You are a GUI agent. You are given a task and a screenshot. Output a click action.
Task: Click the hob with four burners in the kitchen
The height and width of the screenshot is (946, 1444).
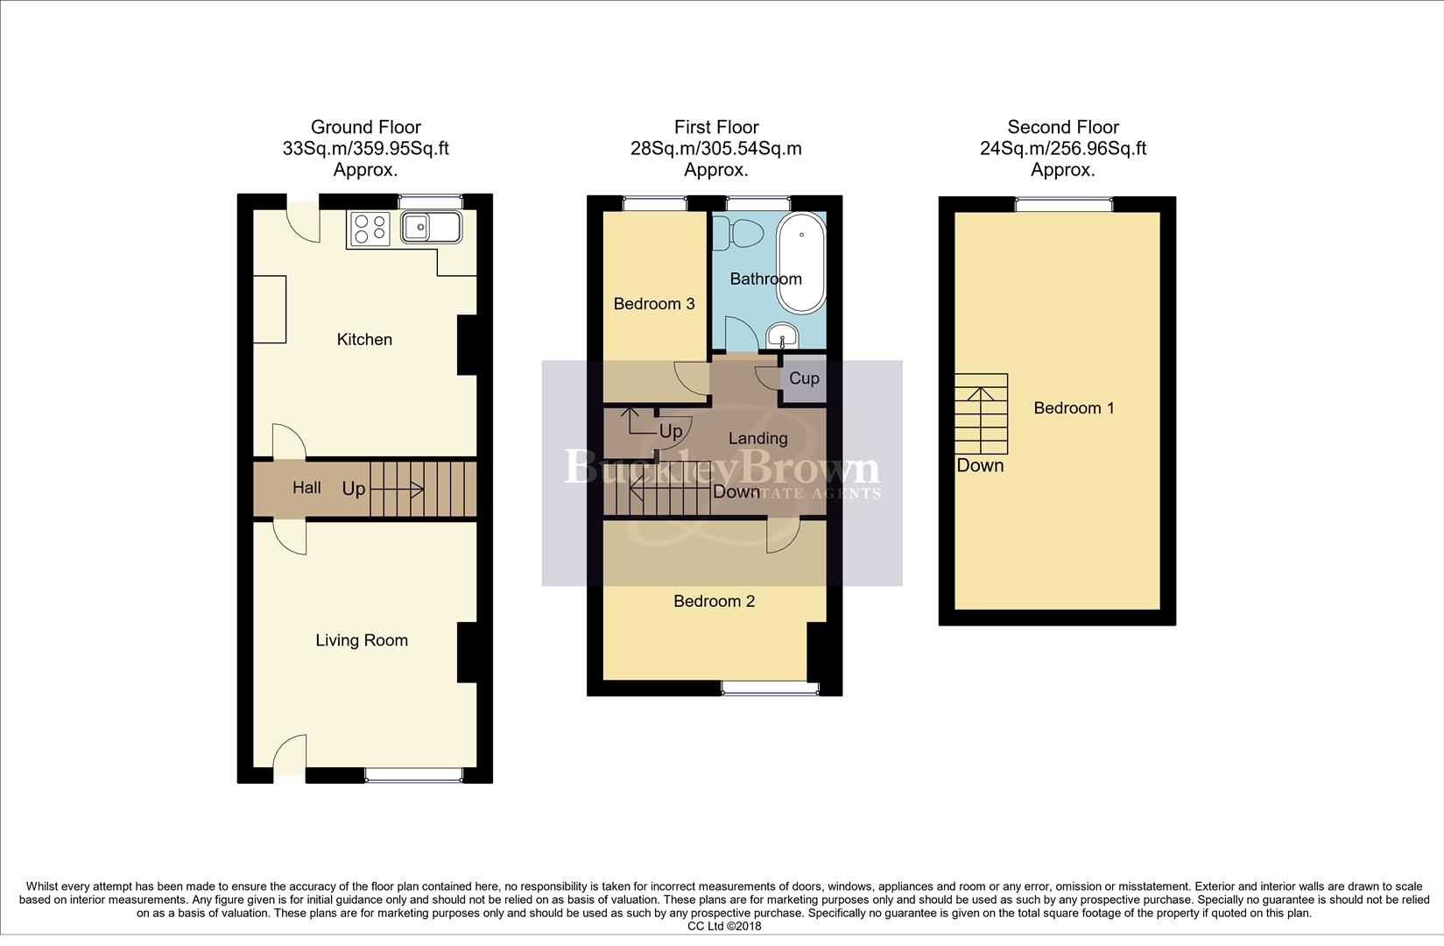[369, 229]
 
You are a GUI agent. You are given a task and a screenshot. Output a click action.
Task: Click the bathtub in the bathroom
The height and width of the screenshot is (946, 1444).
[800, 263]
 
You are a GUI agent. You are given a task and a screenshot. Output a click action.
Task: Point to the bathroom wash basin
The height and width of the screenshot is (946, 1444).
[781, 335]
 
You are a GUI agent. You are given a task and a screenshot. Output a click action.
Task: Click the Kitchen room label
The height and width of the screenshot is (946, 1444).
[364, 340]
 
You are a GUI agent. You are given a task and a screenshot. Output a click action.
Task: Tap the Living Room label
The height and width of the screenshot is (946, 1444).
[362, 640]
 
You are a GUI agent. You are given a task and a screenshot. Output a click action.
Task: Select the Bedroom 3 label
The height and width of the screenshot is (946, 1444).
[654, 304]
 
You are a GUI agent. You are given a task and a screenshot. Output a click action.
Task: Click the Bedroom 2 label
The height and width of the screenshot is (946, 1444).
[714, 601]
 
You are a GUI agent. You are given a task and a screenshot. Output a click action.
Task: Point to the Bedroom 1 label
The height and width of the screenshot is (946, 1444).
[1074, 408]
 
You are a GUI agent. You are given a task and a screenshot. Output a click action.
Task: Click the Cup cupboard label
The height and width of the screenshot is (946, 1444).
[804, 378]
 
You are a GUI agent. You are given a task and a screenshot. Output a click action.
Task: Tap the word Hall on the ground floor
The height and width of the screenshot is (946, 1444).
[306, 488]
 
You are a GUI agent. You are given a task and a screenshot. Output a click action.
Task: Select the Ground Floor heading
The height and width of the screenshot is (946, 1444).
[365, 128]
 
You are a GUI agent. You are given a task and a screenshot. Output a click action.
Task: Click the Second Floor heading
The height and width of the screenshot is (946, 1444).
[1063, 128]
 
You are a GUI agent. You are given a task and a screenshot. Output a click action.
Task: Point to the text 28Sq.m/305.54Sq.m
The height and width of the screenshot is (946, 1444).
[715, 149]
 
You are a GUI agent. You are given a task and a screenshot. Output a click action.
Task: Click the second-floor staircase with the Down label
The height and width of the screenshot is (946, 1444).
[981, 413]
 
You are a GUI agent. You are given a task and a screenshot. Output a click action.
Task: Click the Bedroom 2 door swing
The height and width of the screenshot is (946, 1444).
[783, 536]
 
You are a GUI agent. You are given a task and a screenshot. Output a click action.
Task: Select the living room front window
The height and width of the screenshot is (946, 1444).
[412, 773]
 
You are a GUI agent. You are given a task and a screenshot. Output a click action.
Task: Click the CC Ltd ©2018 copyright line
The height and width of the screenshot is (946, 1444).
[723, 926]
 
